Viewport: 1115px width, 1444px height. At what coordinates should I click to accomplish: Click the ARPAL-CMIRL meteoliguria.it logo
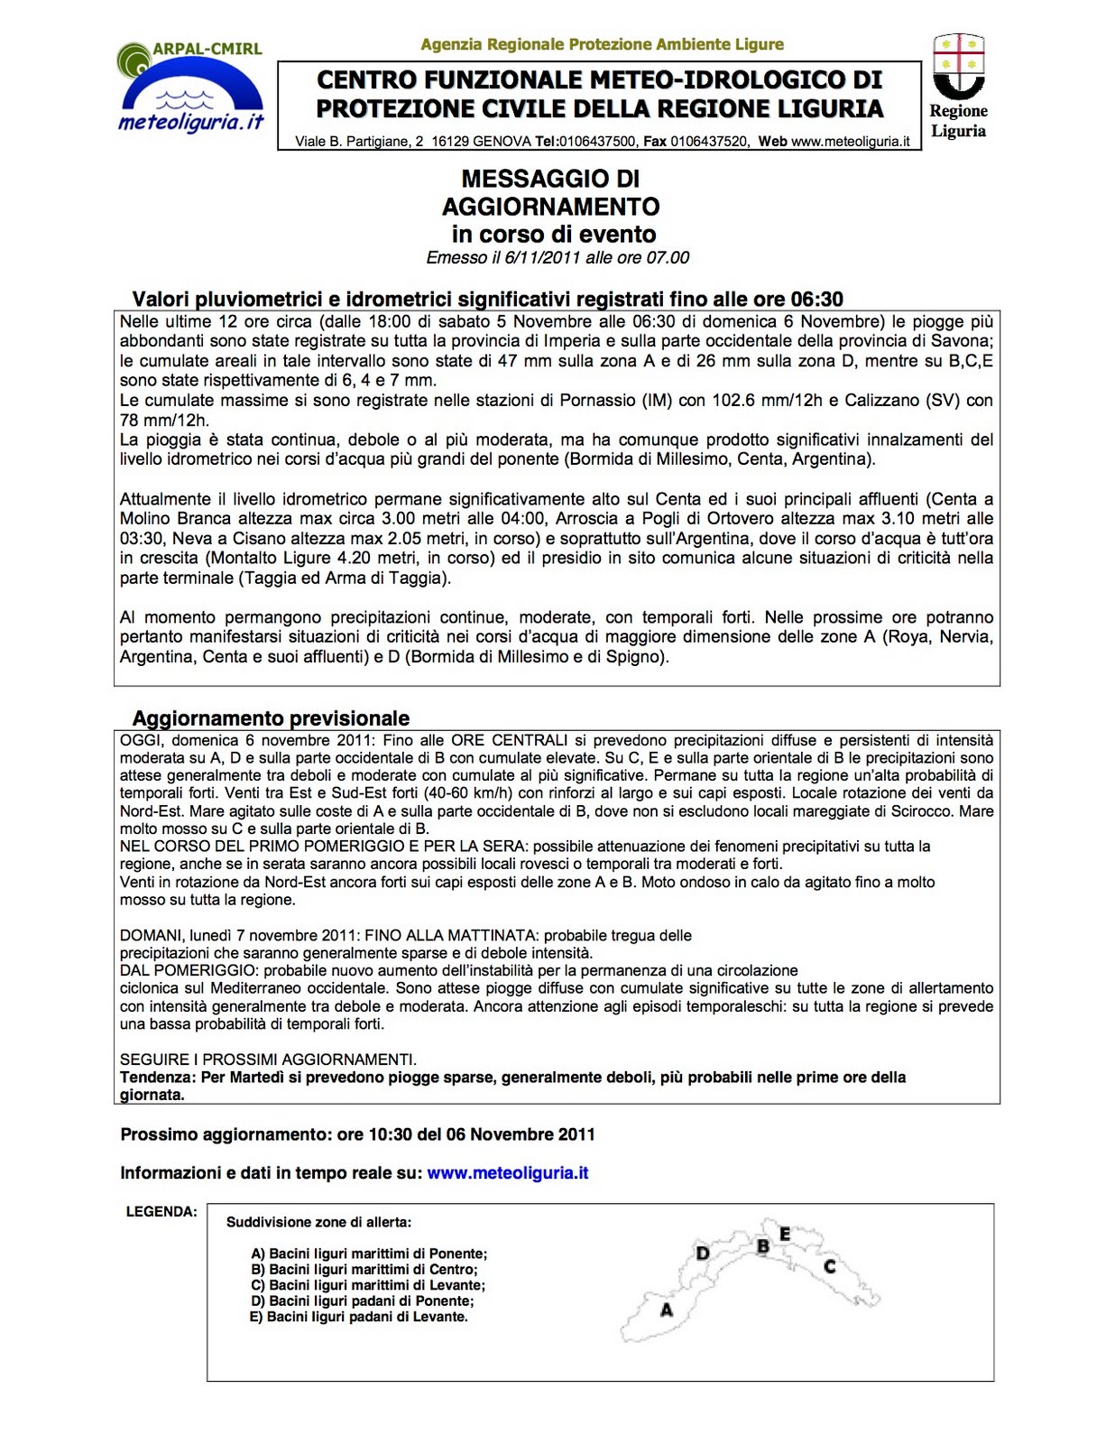tap(190, 88)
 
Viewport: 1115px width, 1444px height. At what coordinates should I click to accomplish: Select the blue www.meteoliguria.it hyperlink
tap(507, 1173)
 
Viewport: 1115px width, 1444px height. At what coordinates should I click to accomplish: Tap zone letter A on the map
tap(667, 1310)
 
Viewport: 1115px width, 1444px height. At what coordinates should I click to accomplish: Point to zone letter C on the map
tap(830, 1266)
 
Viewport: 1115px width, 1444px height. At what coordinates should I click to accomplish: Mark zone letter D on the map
tap(703, 1253)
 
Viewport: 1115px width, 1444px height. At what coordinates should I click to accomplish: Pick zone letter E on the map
tap(785, 1234)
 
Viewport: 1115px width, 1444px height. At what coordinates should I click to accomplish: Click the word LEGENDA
tap(161, 1212)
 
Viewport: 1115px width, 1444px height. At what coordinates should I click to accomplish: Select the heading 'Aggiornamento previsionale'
tap(271, 718)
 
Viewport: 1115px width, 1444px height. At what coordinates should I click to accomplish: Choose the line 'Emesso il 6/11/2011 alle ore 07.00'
tap(557, 258)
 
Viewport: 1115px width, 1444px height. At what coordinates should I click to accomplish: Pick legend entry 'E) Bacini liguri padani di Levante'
tap(359, 1317)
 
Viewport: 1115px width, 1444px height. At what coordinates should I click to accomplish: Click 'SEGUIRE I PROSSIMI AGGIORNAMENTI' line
tap(268, 1060)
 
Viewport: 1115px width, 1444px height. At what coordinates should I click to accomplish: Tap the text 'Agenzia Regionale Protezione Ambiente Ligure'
tap(602, 44)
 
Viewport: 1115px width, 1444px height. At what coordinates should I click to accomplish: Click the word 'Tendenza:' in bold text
tap(158, 1078)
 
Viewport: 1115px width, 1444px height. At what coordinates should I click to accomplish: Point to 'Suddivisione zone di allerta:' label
tap(318, 1222)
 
